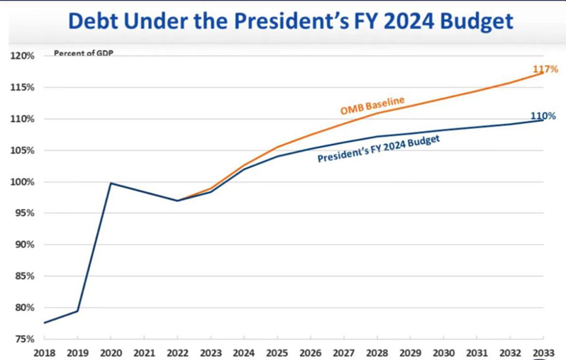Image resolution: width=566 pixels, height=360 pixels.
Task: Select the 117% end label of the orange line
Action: (545, 69)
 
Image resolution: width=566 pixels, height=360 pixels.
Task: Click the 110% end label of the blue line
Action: (543, 116)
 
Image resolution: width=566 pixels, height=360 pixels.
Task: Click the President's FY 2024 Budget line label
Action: (378, 150)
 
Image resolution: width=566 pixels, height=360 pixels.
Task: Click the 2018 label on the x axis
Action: (44, 352)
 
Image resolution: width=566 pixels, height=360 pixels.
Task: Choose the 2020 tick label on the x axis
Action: (111, 352)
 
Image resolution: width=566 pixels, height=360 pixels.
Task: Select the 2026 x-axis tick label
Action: (310, 352)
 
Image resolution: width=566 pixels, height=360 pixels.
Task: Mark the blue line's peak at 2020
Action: (111, 183)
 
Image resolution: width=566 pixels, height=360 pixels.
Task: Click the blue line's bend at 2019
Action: (77, 310)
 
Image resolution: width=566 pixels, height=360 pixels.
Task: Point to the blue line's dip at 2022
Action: (177, 201)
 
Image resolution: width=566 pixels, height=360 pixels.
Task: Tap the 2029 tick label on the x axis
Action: (410, 352)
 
